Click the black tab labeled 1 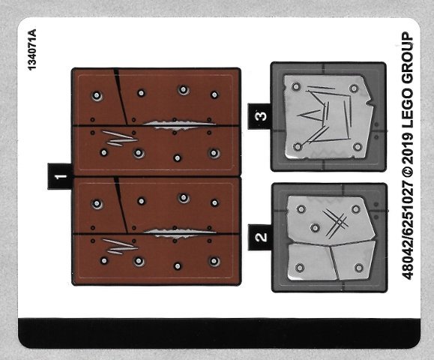pos(60,176)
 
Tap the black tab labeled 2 pos(260,238)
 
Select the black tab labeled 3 pos(259,116)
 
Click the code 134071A pos(32,49)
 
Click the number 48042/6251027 pos(408,229)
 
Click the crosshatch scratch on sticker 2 pos(335,223)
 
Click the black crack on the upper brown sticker pos(121,97)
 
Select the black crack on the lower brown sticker pos(121,205)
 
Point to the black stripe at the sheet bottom pos(219,333)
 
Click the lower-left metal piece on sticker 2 pos(311,262)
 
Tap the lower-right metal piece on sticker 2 pos(353,259)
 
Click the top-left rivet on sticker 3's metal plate pos(296,87)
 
